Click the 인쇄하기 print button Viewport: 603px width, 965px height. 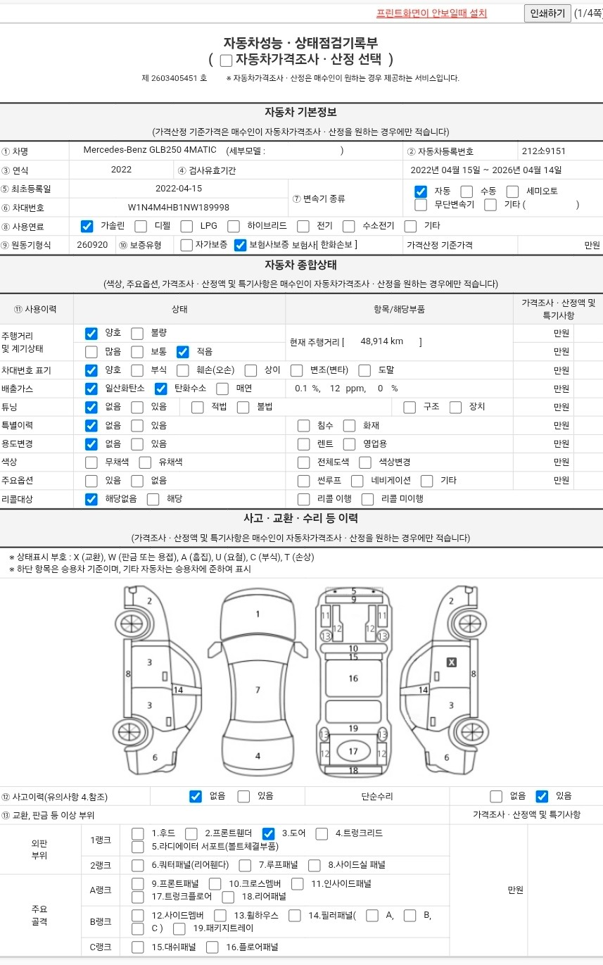click(547, 13)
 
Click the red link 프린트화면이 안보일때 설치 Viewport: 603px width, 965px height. click(431, 13)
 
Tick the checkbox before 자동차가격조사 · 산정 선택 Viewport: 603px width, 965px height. click(226, 61)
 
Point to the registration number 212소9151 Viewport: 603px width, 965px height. click(544, 151)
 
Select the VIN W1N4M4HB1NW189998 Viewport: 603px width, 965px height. click(178, 207)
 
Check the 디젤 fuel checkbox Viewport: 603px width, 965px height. click(141, 226)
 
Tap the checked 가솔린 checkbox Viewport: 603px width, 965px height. click(87, 226)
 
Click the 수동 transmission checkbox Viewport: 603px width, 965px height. click(466, 191)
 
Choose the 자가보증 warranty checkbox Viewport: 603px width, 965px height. click(186, 245)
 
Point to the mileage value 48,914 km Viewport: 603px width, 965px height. click(381, 341)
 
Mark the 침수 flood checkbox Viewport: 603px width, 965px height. click(304, 426)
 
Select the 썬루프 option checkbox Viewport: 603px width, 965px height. click(304, 481)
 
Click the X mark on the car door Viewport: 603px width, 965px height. click(452, 662)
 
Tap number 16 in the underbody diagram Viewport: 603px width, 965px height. click(353, 679)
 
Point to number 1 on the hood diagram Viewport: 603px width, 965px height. click(258, 614)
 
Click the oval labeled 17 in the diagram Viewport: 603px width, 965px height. click(353, 751)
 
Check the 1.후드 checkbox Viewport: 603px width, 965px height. click(138, 833)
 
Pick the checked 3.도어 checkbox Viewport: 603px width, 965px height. click(268, 833)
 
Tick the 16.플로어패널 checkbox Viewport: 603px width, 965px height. click(212, 947)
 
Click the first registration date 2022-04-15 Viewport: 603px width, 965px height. click(179, 188)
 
